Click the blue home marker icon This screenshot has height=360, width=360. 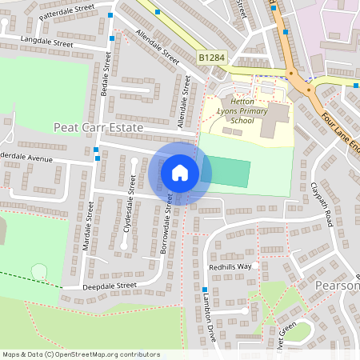point(180,173)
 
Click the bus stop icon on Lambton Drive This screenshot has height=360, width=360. point(205,290)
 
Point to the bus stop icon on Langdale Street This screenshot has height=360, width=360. point(111,38)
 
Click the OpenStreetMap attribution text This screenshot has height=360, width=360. point(80,354)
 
